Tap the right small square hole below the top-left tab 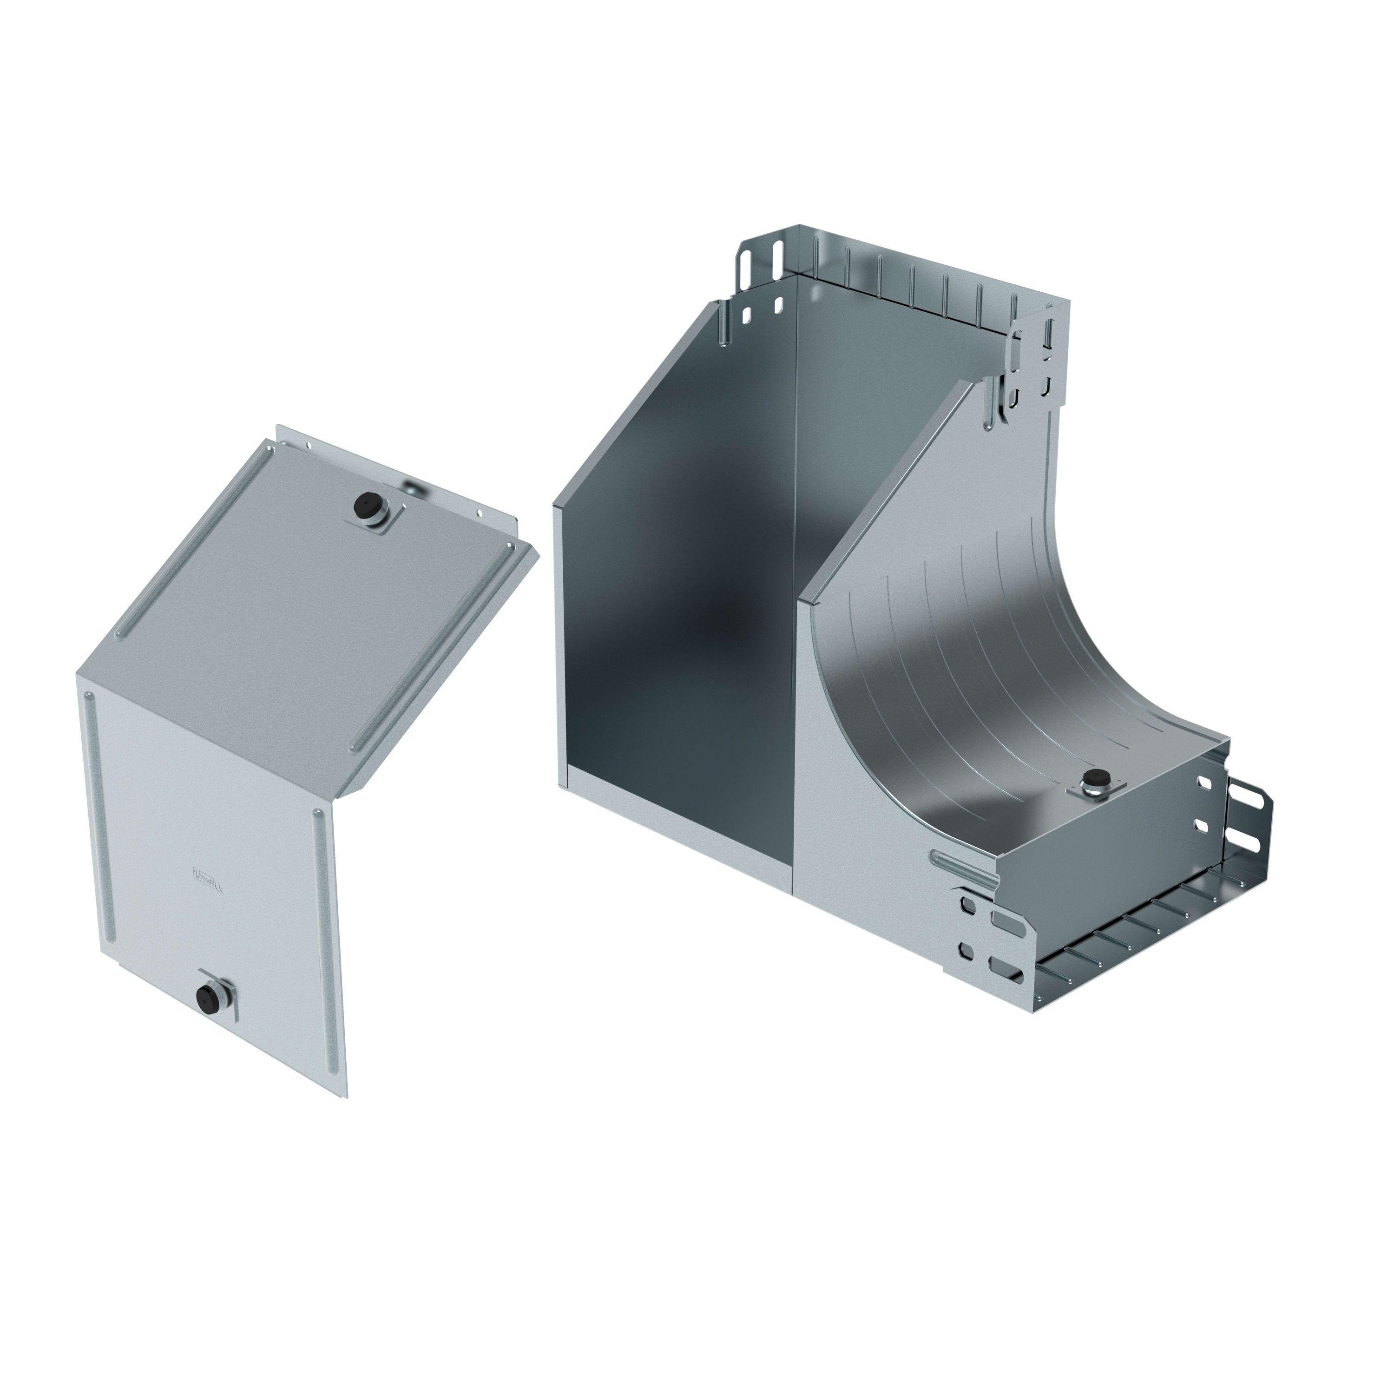coord(778,305)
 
